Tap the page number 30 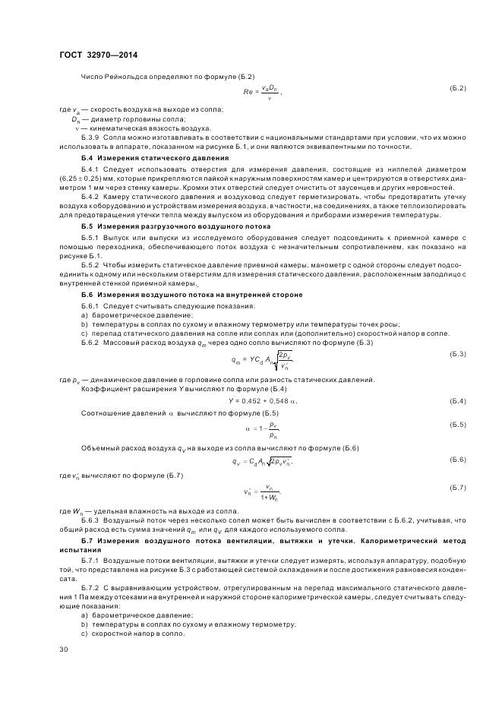click(63, 649)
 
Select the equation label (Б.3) click(457, 355)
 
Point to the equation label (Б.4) click(457, 400)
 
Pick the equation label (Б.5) click(457, 425)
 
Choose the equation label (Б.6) click(457, 460)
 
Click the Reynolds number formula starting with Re click(261, 92)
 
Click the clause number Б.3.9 click(90, 137)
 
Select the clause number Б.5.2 click(90, 264)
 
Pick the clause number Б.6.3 click(90, 521)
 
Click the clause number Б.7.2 click(90, 589)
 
